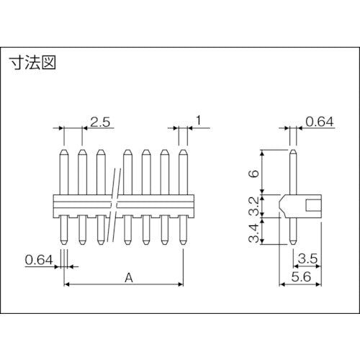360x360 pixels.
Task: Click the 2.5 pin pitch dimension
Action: click(100, 122)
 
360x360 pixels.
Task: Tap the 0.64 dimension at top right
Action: click(320, 122)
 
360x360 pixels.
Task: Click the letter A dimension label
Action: click(127, 276)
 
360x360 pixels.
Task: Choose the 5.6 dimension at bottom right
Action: click(302, 276)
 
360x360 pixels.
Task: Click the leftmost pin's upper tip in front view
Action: click(63, 153)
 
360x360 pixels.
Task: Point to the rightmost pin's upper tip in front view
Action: click(184, 153)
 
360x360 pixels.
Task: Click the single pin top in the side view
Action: click(292, 153)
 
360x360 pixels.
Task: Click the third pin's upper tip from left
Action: click(100, 153)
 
